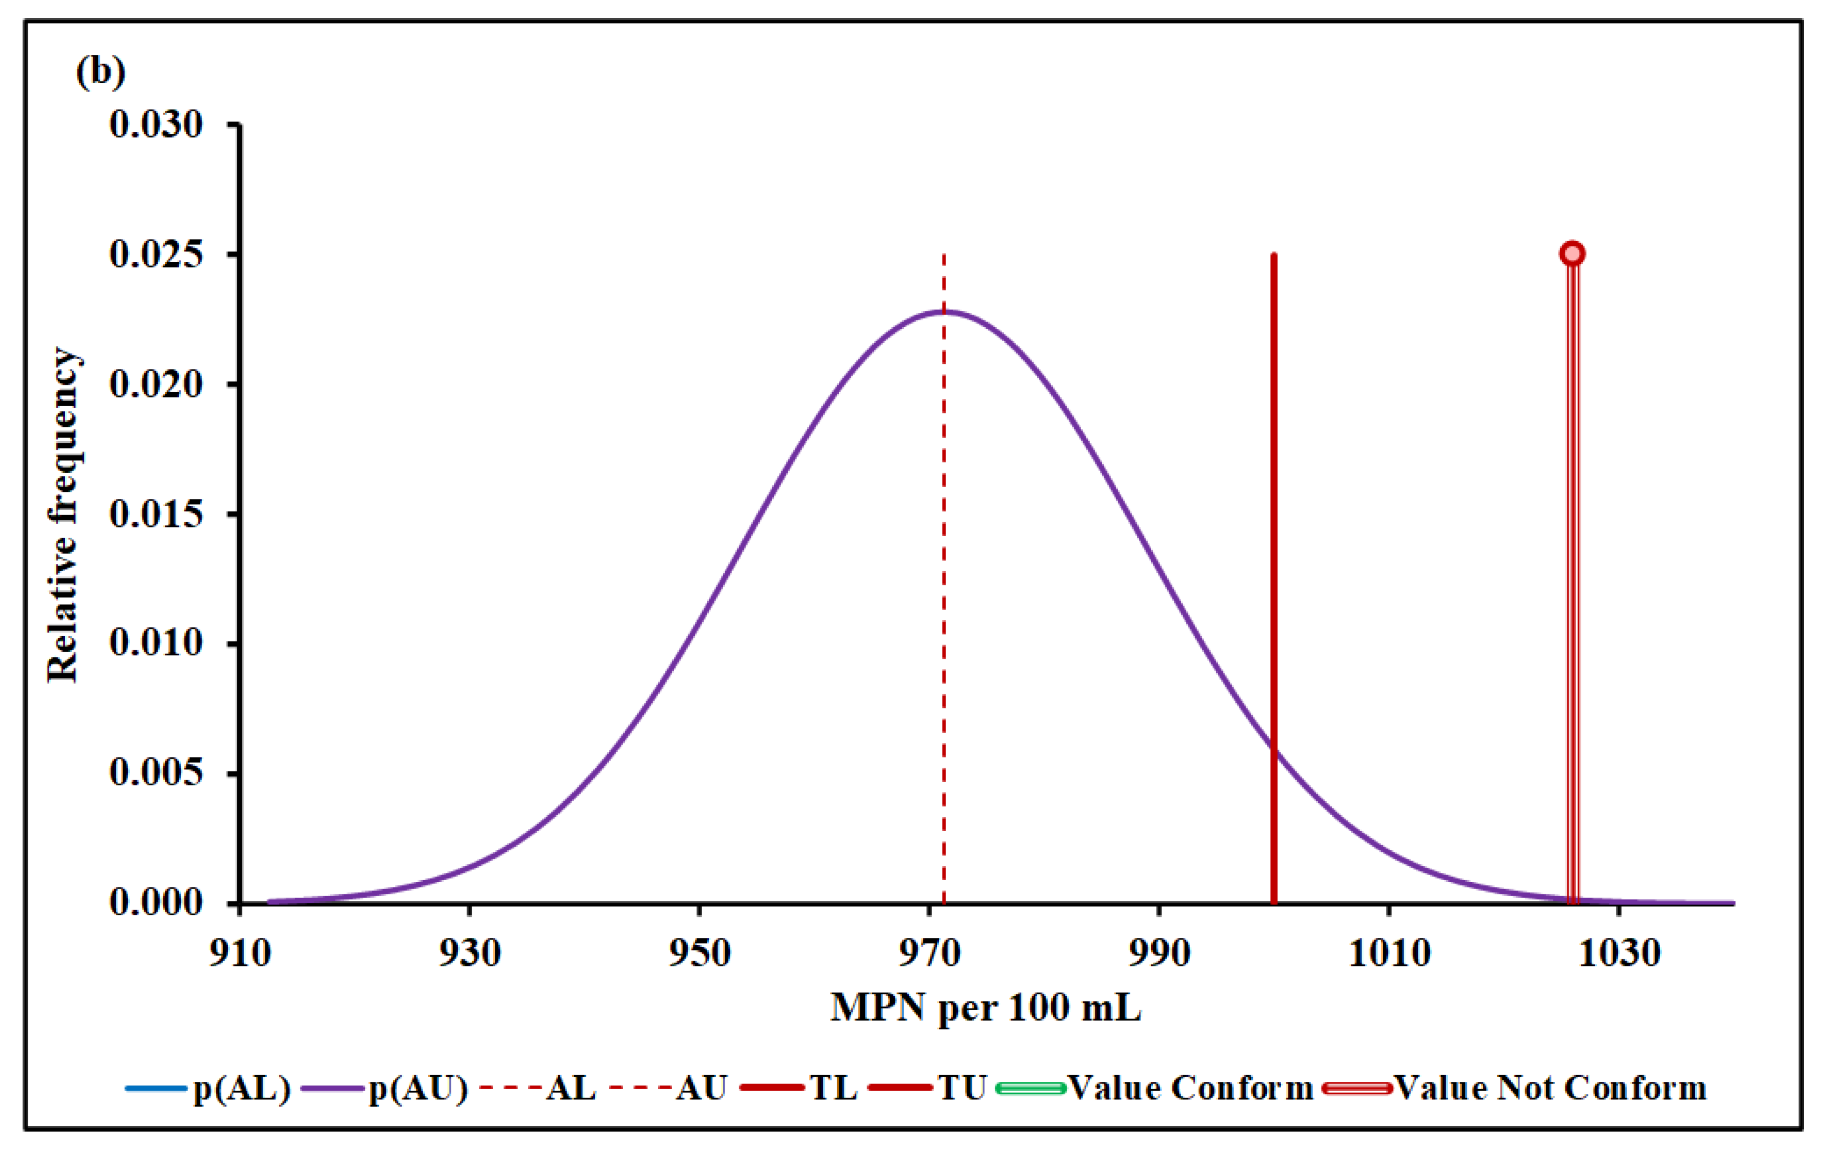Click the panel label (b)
click(x=101, y=72)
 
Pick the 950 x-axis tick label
click(x=699, y=954)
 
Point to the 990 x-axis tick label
click(x=1159, y=954)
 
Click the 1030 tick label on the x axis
click(x=1619, y=954)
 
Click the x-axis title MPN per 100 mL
click(x=986, y=1008)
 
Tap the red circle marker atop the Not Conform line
click(x=1573, y=254)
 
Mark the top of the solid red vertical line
click(x=1274, y=256)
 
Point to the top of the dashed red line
click(x=944, y=256)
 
